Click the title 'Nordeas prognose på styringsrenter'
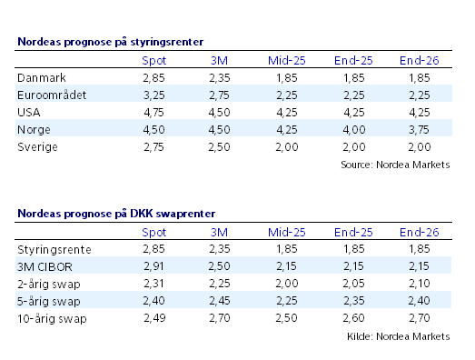110,42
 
